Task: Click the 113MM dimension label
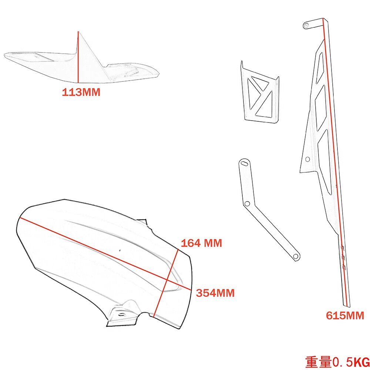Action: (x=81, y=92)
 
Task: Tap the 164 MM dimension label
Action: (x=201, y=243)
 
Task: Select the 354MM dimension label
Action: (x=215, y=293)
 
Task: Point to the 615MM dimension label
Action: (x=345, y=316)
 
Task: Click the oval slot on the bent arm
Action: (x=244, y=163)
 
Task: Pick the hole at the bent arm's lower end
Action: (x=295, y=256)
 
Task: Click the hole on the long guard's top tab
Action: (x=306, y=25)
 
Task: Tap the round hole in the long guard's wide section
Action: (x=307, y=159)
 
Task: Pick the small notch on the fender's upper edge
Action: (x=145, y=222)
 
